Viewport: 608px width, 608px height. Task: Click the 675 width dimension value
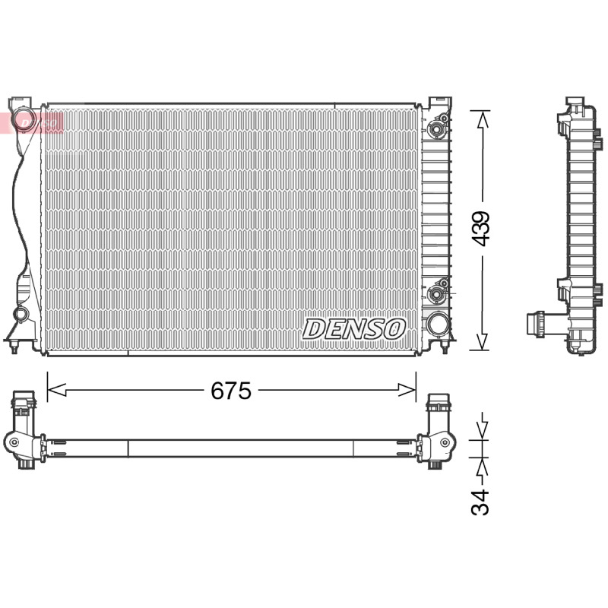231,390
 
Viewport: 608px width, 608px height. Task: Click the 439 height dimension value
481,229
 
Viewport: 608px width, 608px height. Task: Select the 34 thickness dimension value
480,502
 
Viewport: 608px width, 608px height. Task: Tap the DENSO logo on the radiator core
354,329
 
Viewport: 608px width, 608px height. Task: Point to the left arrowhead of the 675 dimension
56,390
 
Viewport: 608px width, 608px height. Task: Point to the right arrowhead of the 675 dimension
407,390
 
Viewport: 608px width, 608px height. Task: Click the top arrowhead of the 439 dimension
482,119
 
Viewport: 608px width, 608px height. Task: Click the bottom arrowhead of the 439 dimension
482,342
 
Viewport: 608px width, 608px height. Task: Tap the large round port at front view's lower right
438,323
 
